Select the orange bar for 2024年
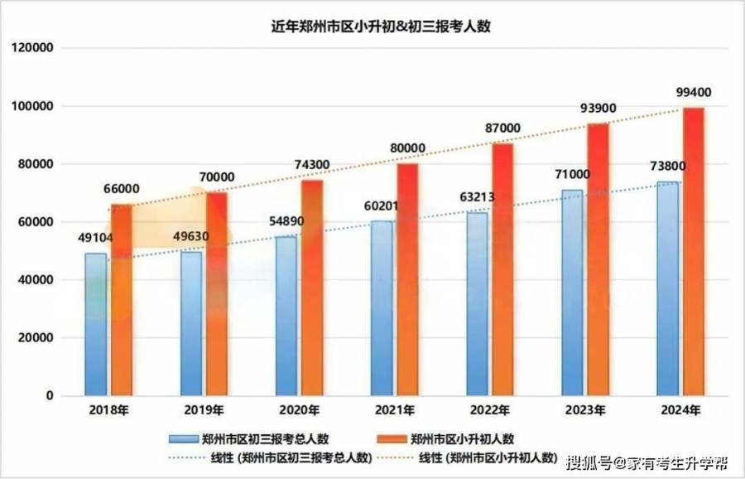[694, 249]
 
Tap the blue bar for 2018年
[96, 323]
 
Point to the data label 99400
[692, 92]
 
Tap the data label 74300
[311, 165]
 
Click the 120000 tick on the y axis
[34, 49]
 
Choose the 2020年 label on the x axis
[299, 410]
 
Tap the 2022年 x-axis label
[489, 410]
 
